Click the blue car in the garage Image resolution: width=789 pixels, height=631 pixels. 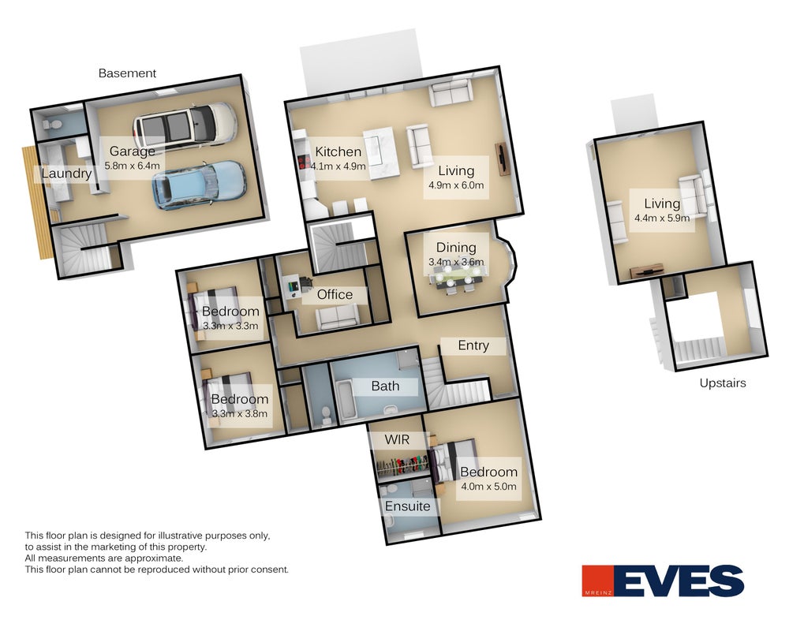point(199,185)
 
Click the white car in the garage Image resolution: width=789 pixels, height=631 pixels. point(185,125)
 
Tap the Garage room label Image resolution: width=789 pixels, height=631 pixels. point(132,151)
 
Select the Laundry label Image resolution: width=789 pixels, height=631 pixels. point(66,174)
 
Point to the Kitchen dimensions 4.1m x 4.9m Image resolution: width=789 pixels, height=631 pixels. point(338,166)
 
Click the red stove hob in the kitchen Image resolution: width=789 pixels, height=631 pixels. point(304,161)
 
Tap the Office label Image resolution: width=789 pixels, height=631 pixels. point(335,294)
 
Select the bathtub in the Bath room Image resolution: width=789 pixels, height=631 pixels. point(347,401)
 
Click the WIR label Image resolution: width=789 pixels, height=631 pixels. point(397,440)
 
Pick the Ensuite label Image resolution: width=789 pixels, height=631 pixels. point(408,506)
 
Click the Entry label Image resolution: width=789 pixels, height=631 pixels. point(473,345)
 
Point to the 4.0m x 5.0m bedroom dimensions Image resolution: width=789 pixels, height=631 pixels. point(488,487)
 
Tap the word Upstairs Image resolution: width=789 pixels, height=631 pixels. point(723,383)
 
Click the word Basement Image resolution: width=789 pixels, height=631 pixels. point(127,73)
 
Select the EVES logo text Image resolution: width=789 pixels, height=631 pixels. point(679,581)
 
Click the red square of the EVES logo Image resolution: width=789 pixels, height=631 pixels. point(598,581)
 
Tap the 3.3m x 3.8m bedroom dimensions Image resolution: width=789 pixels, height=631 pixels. point(240,414)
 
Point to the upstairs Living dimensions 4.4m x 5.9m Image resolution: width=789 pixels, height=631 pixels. point(662,218)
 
